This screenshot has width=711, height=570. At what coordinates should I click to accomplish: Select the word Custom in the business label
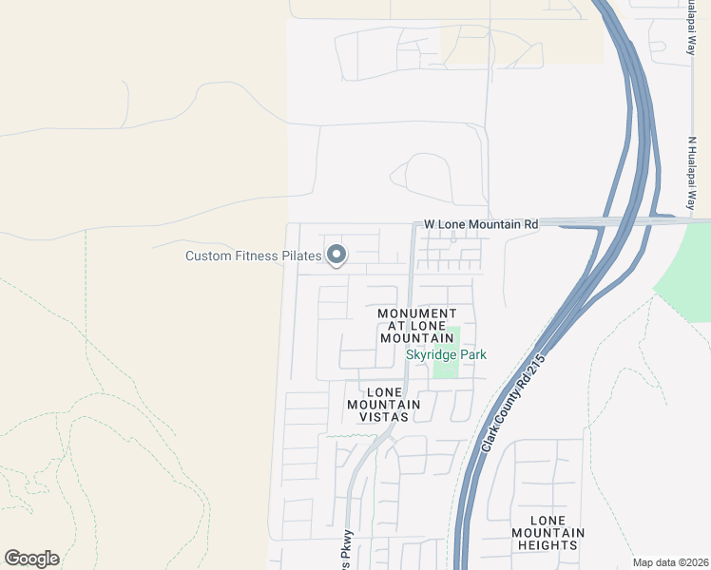click(x=207, y=256)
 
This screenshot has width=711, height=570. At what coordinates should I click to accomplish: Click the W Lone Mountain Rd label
click(x=481, y=224)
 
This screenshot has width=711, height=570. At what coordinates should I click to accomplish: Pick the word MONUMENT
click(x=416, y=313)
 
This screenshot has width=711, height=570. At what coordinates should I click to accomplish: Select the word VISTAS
click(x=390, y=417)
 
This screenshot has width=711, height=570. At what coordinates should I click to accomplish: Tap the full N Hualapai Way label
click(x=693, y=175)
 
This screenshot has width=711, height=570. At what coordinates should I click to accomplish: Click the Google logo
click(x=31, y=559)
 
